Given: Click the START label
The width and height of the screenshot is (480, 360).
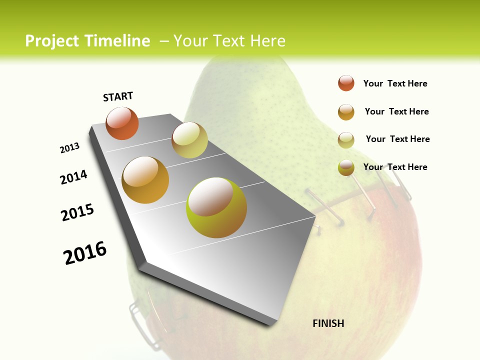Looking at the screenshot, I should coord(118,96).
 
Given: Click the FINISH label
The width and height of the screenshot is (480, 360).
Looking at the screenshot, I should coord(328,323).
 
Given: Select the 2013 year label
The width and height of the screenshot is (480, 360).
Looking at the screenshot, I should coord(69,148).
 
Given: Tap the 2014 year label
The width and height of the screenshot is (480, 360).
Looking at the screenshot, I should coord(74,177).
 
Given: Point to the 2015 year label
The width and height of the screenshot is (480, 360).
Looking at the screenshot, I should coord(77,212).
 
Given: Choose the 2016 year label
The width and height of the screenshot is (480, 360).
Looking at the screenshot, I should coord(85,253).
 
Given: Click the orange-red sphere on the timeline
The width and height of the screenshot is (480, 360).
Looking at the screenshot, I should coord(122,123).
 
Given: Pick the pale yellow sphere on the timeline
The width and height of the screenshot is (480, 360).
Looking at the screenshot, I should coord(189,140).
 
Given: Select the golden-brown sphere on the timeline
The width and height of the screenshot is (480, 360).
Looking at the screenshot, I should coord(145,180).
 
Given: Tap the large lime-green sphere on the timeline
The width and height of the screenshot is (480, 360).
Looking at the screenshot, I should coord(216,207).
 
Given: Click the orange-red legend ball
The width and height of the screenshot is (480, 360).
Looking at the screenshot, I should coord(346,83).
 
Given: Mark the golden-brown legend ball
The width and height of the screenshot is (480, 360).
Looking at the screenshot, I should coord(346,112).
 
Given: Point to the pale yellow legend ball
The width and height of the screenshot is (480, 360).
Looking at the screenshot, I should coord(346,140).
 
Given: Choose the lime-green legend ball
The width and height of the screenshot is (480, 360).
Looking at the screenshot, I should coord(346,167).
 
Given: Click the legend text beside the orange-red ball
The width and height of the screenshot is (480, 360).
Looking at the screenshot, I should coord(395,83).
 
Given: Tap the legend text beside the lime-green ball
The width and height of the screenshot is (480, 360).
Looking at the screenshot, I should coord(395,167).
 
